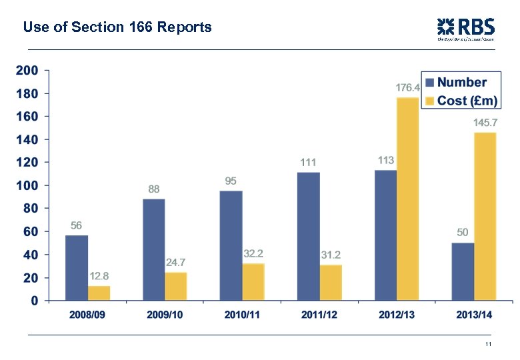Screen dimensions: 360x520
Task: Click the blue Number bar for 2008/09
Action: [x=77, y=268]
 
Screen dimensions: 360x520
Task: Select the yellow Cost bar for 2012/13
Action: [x=407, y=199]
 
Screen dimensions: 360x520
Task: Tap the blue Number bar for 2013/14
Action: [x=463, y=271]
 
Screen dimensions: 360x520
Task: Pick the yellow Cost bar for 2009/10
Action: [x=176, y=286]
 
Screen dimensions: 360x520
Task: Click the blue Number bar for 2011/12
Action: [x=308, y=236]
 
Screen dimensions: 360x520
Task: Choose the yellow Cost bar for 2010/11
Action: [x=253, y=282]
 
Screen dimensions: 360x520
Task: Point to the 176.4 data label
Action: [x=408, y=87]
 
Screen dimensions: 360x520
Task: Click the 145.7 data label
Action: [x=485, y=123]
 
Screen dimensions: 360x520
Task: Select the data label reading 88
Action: [x=154, y=189]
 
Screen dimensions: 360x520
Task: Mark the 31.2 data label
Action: [x=331, y=255]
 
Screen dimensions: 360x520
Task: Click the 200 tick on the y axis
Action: [x=27, y=70]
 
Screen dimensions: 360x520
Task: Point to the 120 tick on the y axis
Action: [x=27, y=162]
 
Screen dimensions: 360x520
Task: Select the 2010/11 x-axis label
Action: [x=241, y=315]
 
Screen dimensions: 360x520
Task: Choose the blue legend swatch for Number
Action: [x=430, y=83]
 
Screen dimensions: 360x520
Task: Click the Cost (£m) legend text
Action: [x=467, y=100]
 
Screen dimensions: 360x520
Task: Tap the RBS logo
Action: [x=465, y=29]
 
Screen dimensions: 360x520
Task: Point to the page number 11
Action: [x=488, y=344]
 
